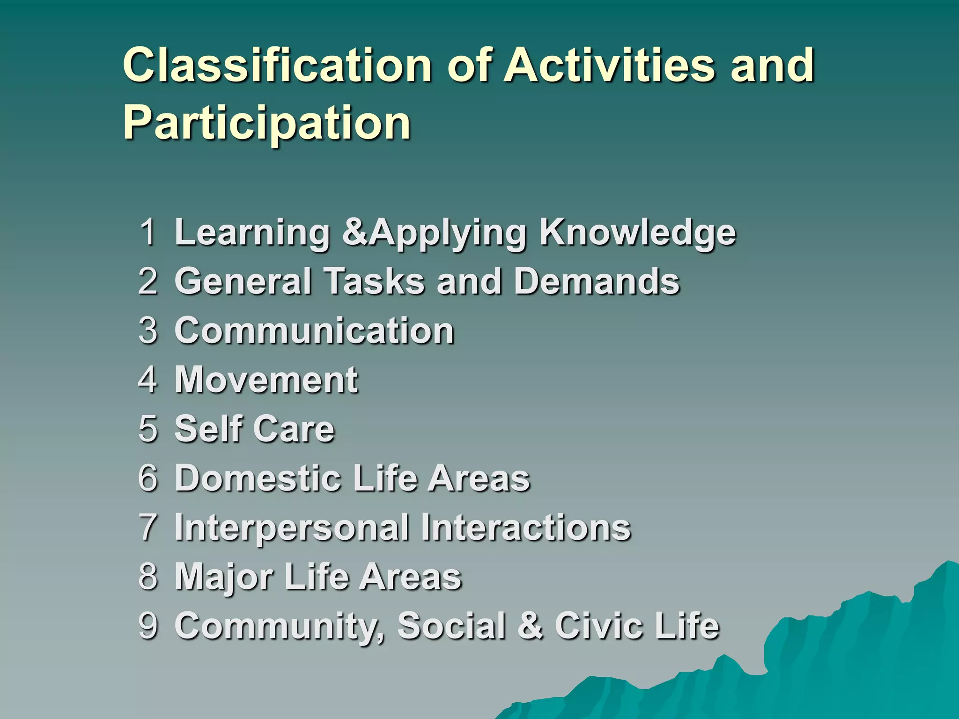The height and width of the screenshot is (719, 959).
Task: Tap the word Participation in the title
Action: coord(267,123)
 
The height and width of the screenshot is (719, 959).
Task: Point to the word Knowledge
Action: coord(638,232)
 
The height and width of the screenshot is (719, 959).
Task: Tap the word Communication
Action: coord(314,330)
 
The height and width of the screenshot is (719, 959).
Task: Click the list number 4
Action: coord(148,380)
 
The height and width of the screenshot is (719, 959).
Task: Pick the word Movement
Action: coord(266,380)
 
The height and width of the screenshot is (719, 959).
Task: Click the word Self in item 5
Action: coord(206,429)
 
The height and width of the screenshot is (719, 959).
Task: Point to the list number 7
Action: coord(148,527)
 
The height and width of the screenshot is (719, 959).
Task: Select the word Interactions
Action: coord(525,527)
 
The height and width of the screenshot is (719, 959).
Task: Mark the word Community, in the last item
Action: coord(280,626)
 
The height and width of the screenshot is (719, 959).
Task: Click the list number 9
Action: coord(148,625)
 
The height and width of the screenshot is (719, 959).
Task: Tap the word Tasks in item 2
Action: coord(374,281)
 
